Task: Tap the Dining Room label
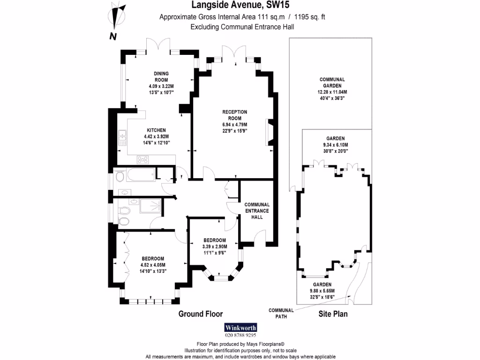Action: [x=161, y=76]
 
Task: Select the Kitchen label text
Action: [x=156, y=130]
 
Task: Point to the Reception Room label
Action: [x=234, y=115]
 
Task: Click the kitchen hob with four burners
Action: [x=143, y=159]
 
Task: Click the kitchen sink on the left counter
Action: [x=122, y=136]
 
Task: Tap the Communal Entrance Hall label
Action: [x=257, y=211]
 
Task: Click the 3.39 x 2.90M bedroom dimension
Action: [x=214, y=247]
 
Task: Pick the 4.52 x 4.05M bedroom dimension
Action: [x=153, y=265]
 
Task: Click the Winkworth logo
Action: [x=240, y=327]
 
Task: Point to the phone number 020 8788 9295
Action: [x=240, y=335]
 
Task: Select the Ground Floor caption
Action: [x=201, y=314]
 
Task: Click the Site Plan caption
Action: [x=333, y=314]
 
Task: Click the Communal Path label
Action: [x=281, y=313]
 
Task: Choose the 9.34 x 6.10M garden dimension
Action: [x=335, y=145]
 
